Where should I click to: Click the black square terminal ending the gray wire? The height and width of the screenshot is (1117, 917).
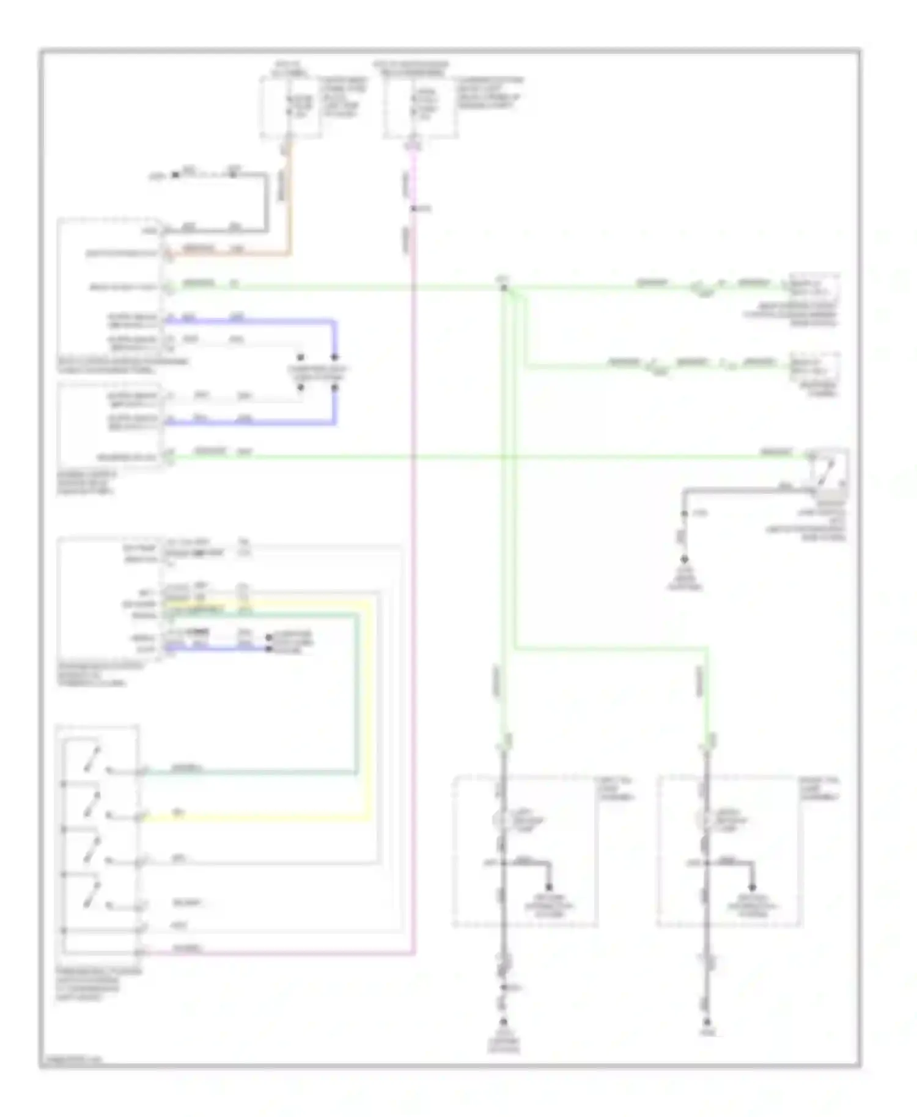pos(176,175)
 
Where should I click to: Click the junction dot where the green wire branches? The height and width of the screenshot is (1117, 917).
pos(504,287)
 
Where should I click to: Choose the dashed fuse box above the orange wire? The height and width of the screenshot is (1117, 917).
pos(291,107)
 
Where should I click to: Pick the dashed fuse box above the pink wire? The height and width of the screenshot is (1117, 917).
pos(419,107)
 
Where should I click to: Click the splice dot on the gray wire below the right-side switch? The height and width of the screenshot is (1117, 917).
pos(685,514)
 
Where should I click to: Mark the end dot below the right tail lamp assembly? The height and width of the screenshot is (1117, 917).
pos(707,1022)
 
